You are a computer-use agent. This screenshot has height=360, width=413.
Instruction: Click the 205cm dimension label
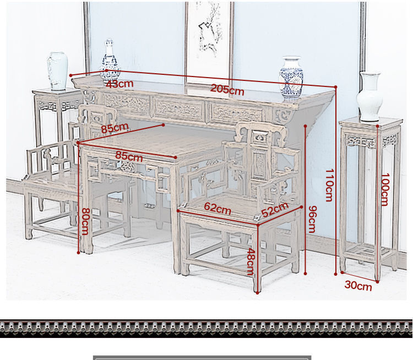[227, 90]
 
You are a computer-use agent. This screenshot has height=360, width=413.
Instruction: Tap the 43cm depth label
[119, 84]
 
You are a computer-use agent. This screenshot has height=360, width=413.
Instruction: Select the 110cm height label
[329, 185]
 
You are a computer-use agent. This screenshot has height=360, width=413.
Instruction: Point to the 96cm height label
[312, 219]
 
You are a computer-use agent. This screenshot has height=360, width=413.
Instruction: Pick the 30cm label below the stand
[358, 285]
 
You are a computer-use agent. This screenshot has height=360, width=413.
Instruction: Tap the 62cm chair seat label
[217, 209]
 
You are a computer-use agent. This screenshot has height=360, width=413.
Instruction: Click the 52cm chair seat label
[275, 209]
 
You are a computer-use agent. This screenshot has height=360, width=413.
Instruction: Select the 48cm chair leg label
[251, 261]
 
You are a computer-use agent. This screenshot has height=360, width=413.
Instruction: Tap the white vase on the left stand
[57, 70]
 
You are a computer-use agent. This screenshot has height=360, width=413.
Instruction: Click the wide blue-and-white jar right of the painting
[291, 77]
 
